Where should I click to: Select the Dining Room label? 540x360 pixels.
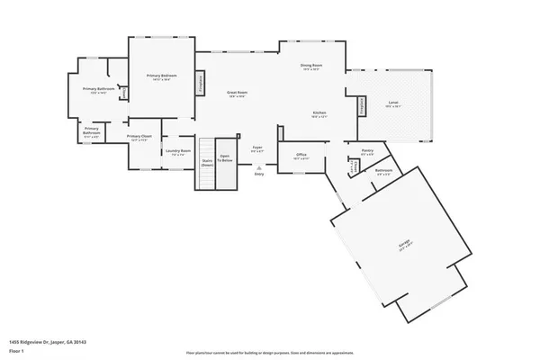click(x=310, y=66)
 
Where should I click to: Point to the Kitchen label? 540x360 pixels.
click(x=319, y=112)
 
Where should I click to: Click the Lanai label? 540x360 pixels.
click(x=393, y=103)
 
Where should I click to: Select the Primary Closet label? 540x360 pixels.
click(x=140, y=137)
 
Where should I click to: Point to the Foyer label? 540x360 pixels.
click(x=256, y=146)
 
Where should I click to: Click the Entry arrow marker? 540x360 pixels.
click(x=258, y=167)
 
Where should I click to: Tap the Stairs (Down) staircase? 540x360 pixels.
click(x=207, y=164)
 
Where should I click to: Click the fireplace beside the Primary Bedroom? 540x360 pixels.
click(x=201, y=83)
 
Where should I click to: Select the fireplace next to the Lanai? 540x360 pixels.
click(x=364, y=106)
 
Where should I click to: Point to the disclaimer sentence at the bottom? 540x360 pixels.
click(x=269, y=353)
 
